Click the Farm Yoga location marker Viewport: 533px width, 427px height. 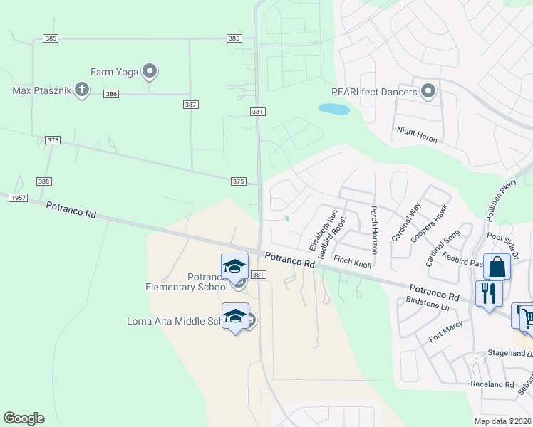pyautogui.click(x=150, y=71)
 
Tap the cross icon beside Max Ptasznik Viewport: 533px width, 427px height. pyautogui.click(x=81, y=90)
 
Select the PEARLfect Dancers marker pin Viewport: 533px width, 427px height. pyautogui.click(x=428, y=91)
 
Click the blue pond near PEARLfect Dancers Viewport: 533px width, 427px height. pyautogui.click(x=333, y=110)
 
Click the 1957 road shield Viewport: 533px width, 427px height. pyautogui.click(x=18, y=197)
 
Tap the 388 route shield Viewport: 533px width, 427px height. pyautogui.click(x=44, y=182)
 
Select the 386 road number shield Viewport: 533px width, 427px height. pyautogui.click(x=110, y=94)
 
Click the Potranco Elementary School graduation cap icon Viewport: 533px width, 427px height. pyautogui.click(x=234, y=267)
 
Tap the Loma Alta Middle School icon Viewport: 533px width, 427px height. pyautogui.click(x=234, y=317)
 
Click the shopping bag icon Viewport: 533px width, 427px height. pyautogui.click(x=497, y=268)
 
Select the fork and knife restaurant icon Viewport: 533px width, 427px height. pyautogui.click(x=489, y=293)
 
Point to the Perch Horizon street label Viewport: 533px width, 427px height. pyautogui.click(x=373, y=231)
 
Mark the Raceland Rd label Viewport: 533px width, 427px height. pyautogui.click(x=492, y=384)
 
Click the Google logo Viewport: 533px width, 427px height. pyautogui.click(x=24, y=418)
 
